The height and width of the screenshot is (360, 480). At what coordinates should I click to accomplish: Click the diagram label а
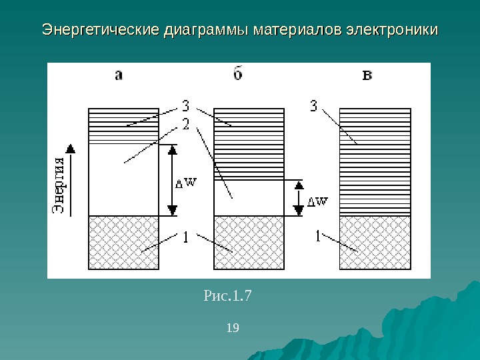[119, 75]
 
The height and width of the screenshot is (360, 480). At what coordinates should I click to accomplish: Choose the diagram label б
[238, 75]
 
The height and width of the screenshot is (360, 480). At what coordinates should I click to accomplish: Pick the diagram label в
[367, 75]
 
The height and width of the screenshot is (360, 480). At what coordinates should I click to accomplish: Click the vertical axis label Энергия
[59, 186]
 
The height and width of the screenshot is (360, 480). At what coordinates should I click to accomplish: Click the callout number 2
[185, 124]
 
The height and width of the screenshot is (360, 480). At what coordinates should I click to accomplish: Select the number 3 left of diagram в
[313, 106]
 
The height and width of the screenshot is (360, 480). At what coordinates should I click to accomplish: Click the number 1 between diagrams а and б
[185, 237]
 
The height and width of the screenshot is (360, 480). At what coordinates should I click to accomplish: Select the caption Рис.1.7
[227, 294]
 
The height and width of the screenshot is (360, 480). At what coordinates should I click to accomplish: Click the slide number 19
[233, 327]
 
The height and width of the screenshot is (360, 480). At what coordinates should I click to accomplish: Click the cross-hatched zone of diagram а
[123, 243]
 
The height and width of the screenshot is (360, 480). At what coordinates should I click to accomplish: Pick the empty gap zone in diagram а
[123, 180]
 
